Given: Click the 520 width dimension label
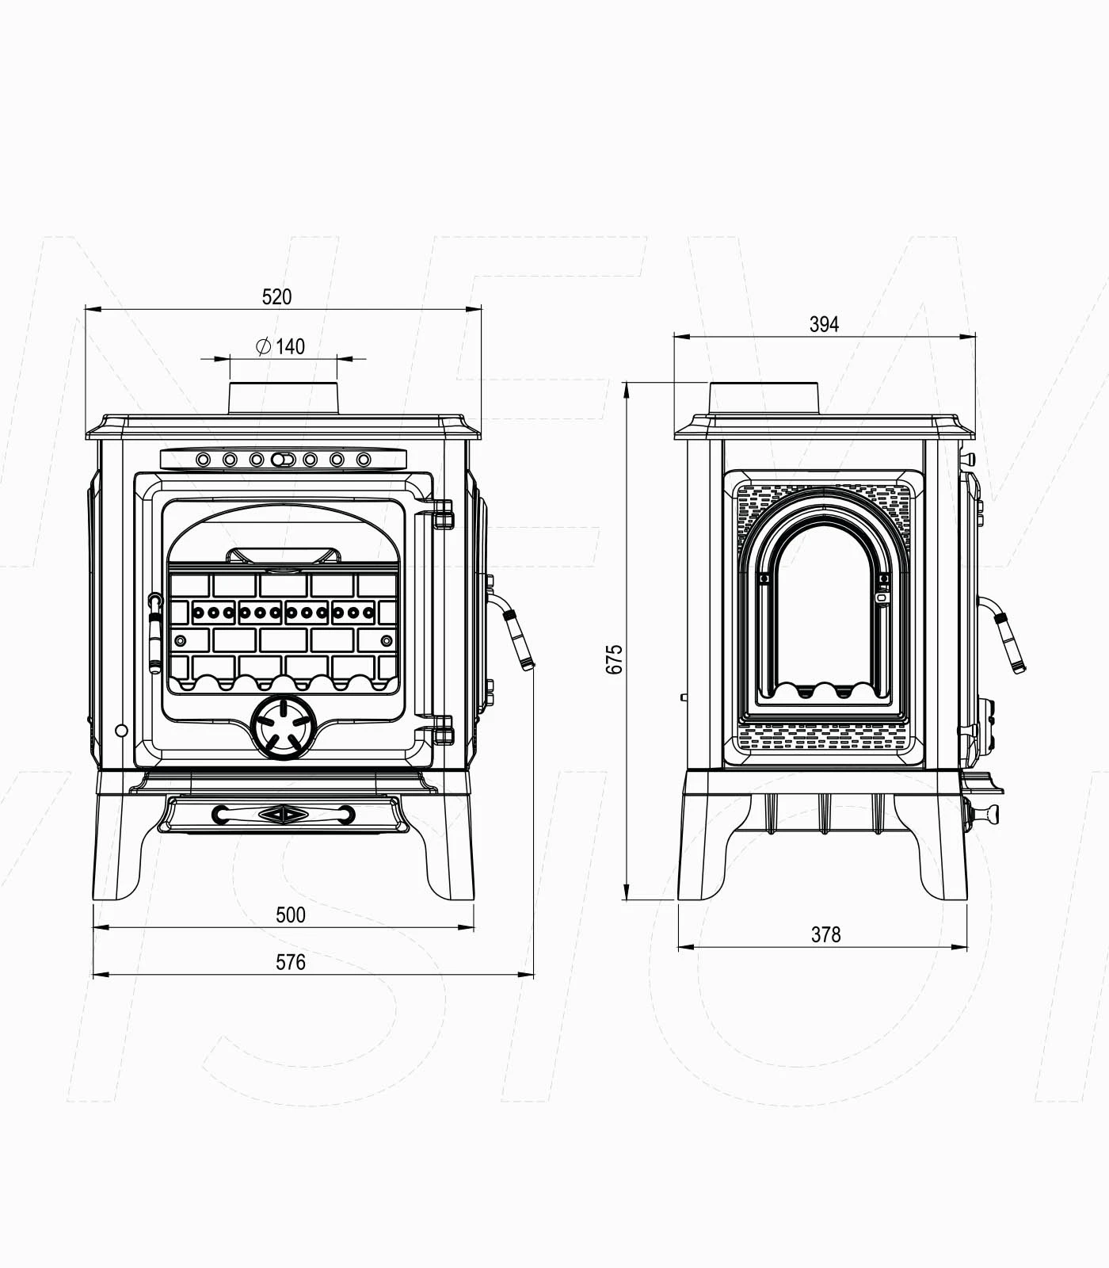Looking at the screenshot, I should pyautogui.click(x=276, y=297).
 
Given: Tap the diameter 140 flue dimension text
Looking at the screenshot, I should pyautogui.click(x=281, y=346).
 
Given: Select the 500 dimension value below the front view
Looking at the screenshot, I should pyautogui.click(x=290, y=915).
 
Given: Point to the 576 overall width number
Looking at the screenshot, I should pyautogui.click(x=290, y=962).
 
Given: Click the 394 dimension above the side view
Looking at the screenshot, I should pyautogui.click(x=824, y=324).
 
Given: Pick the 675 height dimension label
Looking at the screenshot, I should pyautogui.click(x=615, y=659).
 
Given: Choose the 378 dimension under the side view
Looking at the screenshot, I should pyautogui.click(x=825, y=935).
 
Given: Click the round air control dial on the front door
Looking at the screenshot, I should pyautogui.click(x=283, y=728).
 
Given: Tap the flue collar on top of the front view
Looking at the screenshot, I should pyautogui.click(x=284, y=398).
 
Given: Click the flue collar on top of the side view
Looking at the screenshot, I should pyautogui.click(x=764, y=398).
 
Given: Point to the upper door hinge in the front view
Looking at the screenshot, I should pyautogui.click(x=444, y=514).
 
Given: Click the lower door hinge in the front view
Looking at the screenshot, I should pyautogui.click(x=444, y=730).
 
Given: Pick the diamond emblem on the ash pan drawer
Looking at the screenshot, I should pyautogui.click(x=283, y=814).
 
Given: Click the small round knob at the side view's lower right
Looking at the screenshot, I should pyautogui.click(x=987, y=813).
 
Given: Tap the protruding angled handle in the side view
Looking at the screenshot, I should pyautogui.click(x=1009, y=640).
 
